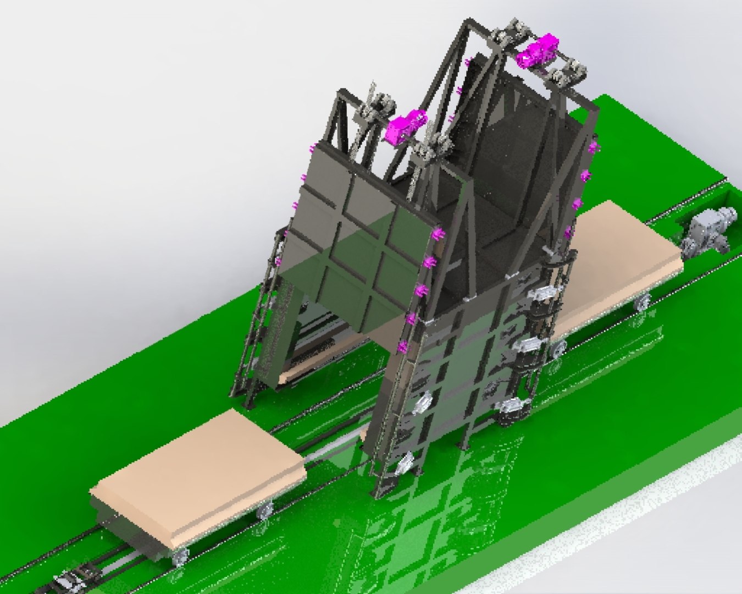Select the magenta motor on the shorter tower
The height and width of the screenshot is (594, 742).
click(x=406, y=125)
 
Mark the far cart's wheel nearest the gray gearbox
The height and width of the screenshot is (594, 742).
click(x=643, y=302)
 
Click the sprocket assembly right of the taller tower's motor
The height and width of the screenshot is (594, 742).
click(x=569, y=74)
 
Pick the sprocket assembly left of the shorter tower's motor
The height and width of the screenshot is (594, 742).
click(x=376, y=105)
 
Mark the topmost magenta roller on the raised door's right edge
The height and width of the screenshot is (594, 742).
click(x=438, y=235)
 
